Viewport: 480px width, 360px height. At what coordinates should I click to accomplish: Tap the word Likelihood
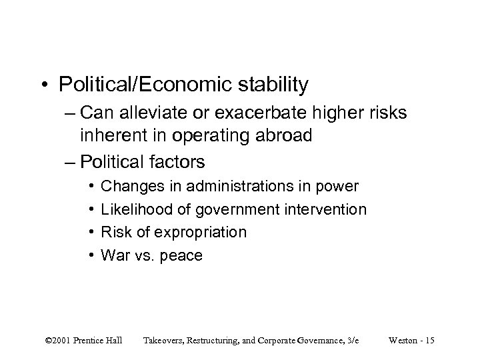click(x=138, y=210)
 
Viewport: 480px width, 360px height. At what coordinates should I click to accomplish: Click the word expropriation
click(x=199, y=233)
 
